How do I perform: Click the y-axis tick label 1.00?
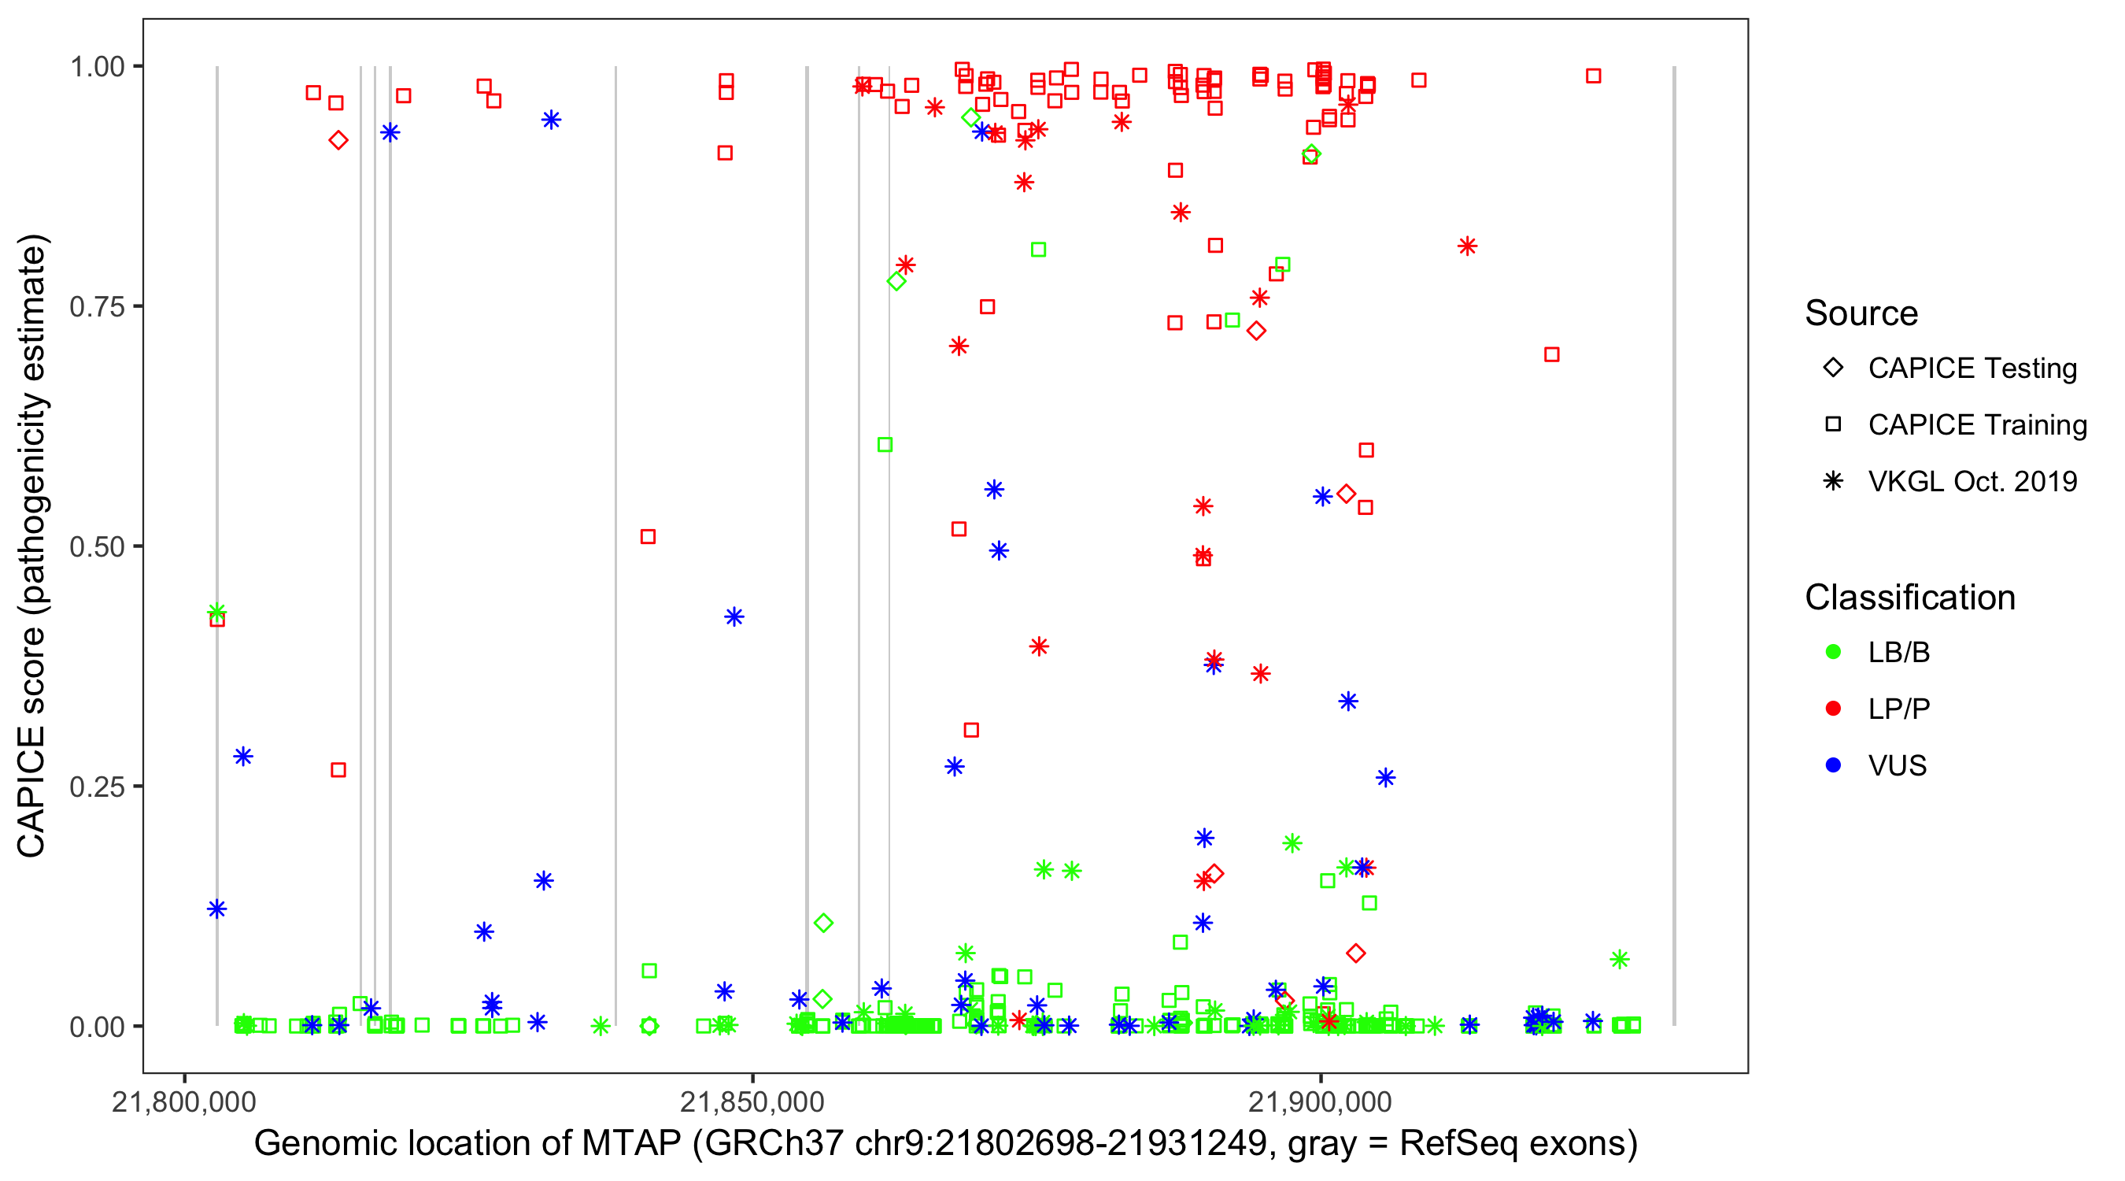pos(97,66)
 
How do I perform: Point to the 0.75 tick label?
pos(97,306)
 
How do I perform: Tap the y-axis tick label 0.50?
pos(97,546)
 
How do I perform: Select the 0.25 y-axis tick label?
pos(97,786)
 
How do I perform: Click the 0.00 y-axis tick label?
pos(97,1026)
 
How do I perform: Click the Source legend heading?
pos(1861,313)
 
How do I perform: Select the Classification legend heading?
pos(1909,598)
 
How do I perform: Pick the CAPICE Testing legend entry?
pos(1972,368)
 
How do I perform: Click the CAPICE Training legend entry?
pos(1977,425)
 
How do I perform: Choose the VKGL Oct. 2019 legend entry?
pos(1972,481)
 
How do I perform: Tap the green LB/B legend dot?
pos(1833,652)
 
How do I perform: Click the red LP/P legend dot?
pos(1833,709)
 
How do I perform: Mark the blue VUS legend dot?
pos(1833,765)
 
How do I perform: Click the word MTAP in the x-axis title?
pos(631,1144)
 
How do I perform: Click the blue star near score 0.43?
pos(734,616)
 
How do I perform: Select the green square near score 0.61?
pos(885,445)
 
